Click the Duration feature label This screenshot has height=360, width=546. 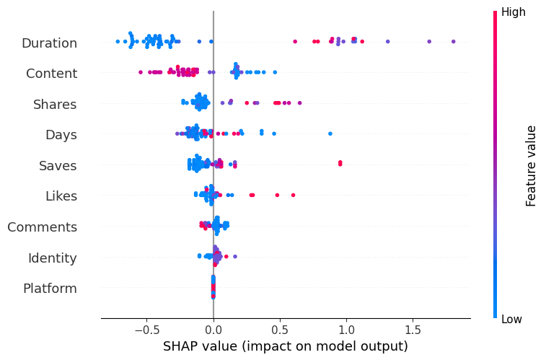pyautogui.click(x=49, y=43)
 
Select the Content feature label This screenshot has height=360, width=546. pyautogui.click(x=51, y=74)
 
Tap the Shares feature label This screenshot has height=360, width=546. pyautogui.click(x=55, y=105)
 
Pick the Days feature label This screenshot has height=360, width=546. pyautogui.click(x=61, y=135)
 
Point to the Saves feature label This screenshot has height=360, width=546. pyautogui.click(x=58, y=166)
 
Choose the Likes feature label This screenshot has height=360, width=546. pyautogui.click(x=61, y=196)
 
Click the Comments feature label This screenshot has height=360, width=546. pyautogui.click(x=42, y=227)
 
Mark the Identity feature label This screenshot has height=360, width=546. pyautogui.click(x=52, y=258)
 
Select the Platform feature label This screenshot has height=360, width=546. pyautogui.click(x=50, y=289)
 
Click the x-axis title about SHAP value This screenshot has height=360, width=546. pyautogui.click(x=286, y=346)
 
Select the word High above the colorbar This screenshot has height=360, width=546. pyautogui.click(x=514, y=12)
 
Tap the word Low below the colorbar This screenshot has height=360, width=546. pyautogui.click(x=513, y=319)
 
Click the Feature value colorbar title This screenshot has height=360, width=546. pyautogui.click(x=532, y=166)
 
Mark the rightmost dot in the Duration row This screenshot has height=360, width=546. pyautogui.click(x=453, y=41)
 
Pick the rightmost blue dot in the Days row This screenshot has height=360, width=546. pyautogui.click(x=330, y=133)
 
